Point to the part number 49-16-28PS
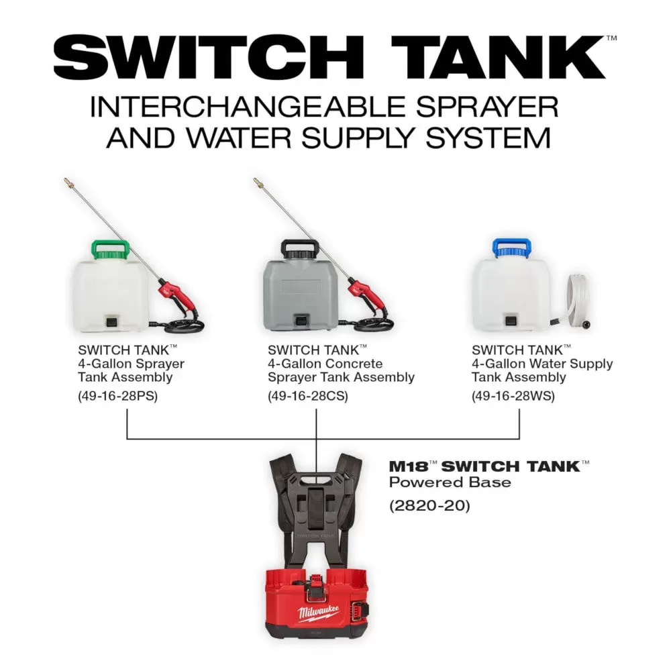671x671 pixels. click(x=117, y=396)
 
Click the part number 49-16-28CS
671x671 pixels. click(x=307, y=396)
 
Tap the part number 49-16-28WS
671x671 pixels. click(x=513, y=396)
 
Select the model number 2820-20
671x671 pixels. click(x=429, y=505)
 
